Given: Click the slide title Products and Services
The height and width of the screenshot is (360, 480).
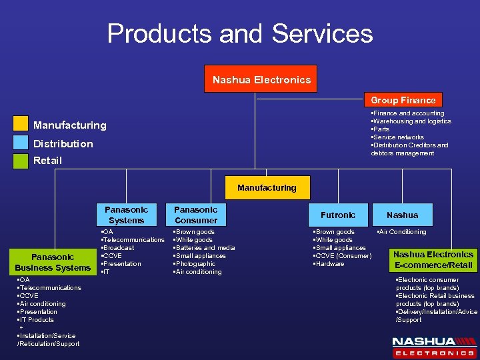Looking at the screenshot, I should [240, 33].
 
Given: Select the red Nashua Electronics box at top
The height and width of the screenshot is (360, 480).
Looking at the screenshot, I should [261, 79].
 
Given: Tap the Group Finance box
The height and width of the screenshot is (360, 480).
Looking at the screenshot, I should [403, 100].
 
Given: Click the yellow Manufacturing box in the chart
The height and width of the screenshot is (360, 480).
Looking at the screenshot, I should [267, 188].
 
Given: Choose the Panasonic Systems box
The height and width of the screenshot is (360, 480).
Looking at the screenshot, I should [126, 215].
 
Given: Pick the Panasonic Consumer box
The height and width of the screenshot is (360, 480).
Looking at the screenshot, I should [195, 215].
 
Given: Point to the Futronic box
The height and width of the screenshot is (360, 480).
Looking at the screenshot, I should [337, 215].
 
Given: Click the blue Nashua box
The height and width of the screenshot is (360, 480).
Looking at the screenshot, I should [403, 215].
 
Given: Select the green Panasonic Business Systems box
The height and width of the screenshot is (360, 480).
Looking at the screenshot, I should [53, 262].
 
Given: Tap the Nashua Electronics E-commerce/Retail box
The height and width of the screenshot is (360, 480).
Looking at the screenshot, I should [433, 259].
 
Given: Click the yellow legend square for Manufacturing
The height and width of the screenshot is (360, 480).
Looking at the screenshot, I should [21, 125].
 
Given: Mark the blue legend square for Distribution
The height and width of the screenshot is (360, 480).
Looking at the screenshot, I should [21, 143].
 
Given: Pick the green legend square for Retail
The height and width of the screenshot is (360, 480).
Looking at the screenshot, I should [21, 160].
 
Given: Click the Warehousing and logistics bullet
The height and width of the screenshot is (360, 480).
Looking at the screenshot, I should [411, 121].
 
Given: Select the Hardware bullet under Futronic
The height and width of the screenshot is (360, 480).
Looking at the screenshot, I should [330, 264].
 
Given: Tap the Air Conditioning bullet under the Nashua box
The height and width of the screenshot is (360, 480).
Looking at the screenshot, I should [402, 232].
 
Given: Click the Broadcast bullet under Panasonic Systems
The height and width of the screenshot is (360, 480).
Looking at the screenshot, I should [118, 248].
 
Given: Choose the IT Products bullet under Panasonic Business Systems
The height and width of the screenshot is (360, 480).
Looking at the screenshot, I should [37, 320].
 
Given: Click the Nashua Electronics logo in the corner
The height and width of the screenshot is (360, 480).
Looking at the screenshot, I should [433, 346].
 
